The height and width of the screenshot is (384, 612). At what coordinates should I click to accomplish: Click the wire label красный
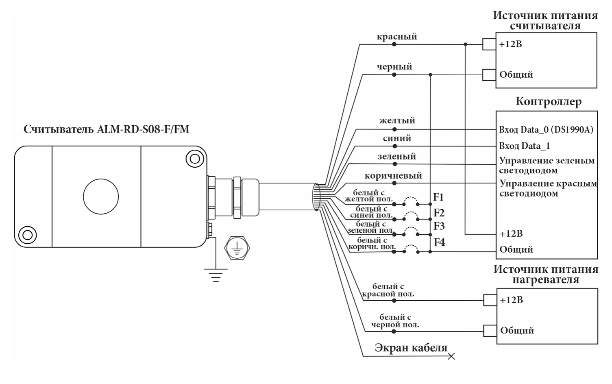(396, 37)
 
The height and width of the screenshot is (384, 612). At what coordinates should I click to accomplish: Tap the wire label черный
(394, 67)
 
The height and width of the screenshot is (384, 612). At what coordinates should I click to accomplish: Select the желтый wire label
(397, 120)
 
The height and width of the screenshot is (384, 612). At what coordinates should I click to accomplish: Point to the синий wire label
(397, 138)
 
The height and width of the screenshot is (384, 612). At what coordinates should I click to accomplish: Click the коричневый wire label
(393, 176)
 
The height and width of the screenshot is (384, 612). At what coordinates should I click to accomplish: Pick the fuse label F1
(438, 197)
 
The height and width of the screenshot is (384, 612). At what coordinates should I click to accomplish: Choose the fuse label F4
(439, 242)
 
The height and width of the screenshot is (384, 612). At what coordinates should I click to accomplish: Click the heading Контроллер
(548, 101)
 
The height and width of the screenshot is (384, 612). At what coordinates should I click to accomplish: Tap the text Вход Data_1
(525, 146)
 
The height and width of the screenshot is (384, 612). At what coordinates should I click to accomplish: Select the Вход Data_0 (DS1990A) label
(546, 130)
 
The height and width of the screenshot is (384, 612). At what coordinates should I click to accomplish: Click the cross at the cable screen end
(451, 356)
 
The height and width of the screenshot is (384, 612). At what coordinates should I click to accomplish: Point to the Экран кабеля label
(411, 348)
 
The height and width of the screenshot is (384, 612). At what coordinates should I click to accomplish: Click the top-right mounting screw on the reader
(194, 158)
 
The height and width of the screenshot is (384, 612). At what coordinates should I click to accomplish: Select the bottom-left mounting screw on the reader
(27, 235)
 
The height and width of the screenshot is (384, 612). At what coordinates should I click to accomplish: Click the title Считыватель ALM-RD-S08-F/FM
(106, 130)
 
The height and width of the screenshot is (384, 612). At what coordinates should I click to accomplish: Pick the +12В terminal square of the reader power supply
(489, 44)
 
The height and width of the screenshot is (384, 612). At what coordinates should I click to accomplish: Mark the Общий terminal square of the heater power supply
(490, 330)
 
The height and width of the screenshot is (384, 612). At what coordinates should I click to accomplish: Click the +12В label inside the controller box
(511, 234)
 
